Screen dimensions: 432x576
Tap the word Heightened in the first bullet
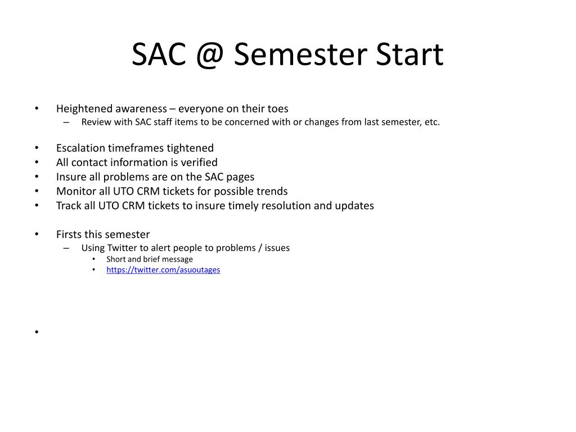(x=83, y=109)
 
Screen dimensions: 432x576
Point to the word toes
(x=278, y=109)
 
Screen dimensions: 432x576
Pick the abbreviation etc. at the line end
(x=432, y=122)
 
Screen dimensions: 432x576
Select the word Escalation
(x=80, y=148)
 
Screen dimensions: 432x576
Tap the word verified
(x=199, y=163)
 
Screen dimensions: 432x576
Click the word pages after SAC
(x=240, y=177)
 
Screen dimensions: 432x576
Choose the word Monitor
(x=75, y=191)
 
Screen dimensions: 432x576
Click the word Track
(x=68, y=205)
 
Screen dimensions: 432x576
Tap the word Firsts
(x=69, y=234)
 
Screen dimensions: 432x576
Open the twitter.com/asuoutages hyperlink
(x=163, y=269)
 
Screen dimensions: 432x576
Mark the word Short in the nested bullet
(x=116, y=259)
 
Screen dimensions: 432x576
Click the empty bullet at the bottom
(x=37, y=332)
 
